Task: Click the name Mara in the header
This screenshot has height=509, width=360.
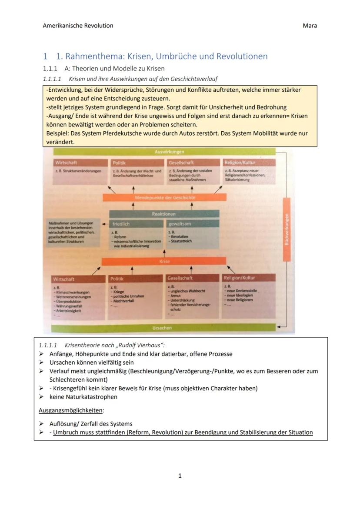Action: [x=310, y=26]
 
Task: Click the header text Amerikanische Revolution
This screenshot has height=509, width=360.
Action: [x=78, y=26]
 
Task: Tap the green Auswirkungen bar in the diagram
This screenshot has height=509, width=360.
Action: [x=169, y=152]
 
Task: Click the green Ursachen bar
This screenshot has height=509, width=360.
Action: [x=162, y=328]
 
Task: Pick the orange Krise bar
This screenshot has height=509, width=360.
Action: [x=164, y=262]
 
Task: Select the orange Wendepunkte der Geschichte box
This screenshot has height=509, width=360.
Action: [x=165, y=198]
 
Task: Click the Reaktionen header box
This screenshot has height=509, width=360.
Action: [x=164, y=214]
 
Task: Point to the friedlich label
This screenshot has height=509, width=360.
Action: [x=121, y=224]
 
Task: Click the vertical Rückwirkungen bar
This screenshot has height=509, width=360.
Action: [x=287, y=229]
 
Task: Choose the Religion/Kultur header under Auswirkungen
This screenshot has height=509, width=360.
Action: [x=240, y=163]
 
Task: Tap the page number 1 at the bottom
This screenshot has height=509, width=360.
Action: [x=180, y=476]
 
